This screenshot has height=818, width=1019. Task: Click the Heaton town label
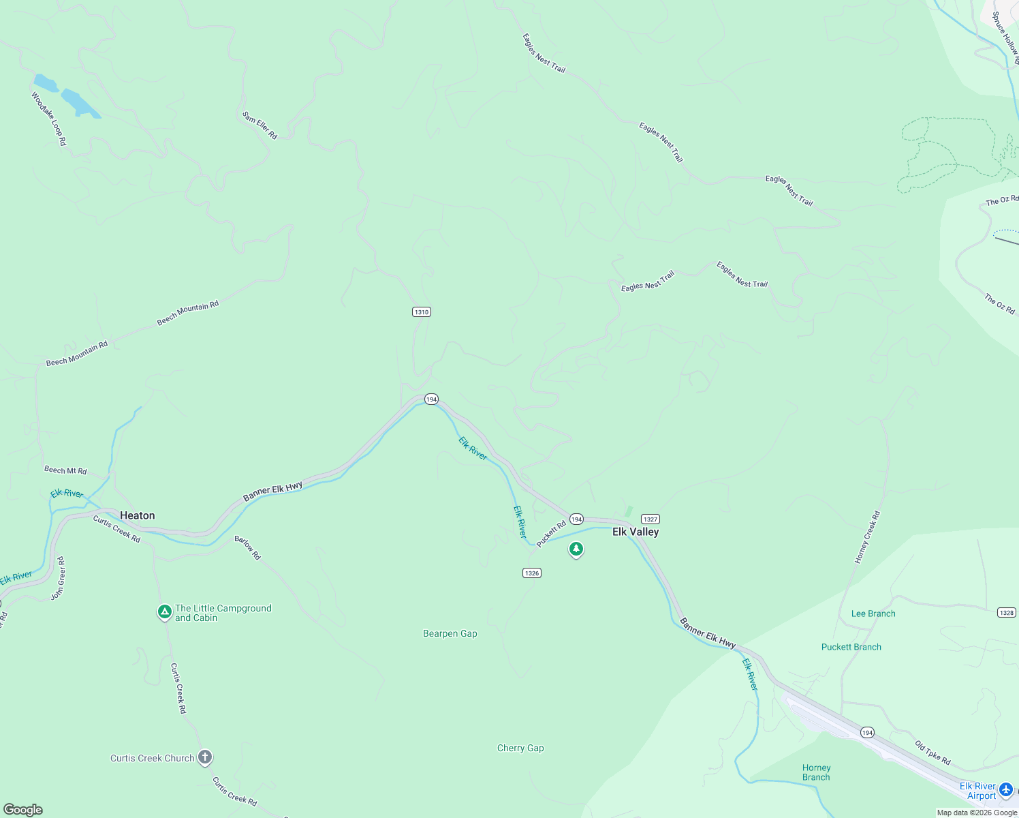(x=137, y=515)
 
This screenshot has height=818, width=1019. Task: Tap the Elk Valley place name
(x=636, y=532)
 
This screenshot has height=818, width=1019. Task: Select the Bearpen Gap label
(x=450, y=633)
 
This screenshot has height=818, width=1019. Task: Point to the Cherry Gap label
(x=520, y=748)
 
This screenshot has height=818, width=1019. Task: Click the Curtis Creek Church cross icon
(x=205, y=757)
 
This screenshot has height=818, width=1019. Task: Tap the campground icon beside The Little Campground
(x=164, y=612)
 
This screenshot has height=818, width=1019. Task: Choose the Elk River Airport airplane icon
(x=1006, y=790)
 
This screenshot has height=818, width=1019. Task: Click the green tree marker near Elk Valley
(x=576, y=549)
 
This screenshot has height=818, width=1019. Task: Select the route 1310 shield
(x=422, y=312)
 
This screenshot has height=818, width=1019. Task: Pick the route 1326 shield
(x=532, y=573)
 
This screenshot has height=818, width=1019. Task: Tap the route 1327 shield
(x=650, y=519)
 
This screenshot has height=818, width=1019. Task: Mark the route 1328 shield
(x=1007, y=613)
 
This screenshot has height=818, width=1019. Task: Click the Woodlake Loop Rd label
(x=48, y=119)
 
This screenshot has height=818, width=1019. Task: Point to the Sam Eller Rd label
(x=260, y=125)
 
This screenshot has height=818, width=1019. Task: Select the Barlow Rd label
(x=247, y=548)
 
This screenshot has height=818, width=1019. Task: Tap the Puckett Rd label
(x=551, y=534)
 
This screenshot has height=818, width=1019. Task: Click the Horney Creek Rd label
(x=868, y=537)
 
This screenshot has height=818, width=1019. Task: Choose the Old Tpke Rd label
(x=932, y=753)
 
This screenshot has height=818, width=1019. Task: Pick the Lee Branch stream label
(x=873, y=613)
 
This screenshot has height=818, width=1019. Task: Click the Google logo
(x=23, y=810)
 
